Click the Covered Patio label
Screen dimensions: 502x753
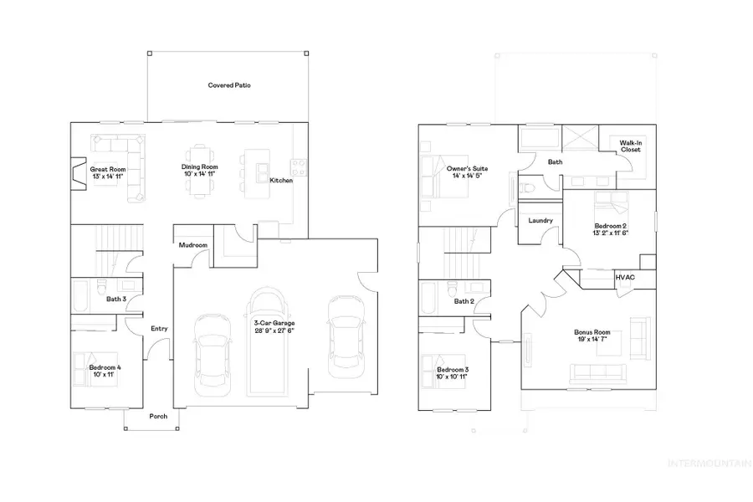pyautogui.click(x=230, y=85)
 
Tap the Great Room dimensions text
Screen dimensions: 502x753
pyautogui.click(x=109, y=177)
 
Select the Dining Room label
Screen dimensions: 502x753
pyautogui.click(x=201, y=167)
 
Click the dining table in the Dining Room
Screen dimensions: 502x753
pyautogui.click(x=201, y=172)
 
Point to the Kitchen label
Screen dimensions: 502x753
pyautogui.click(x=281, y=181)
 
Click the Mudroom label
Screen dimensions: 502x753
pyautogui.click(x=192, y=245)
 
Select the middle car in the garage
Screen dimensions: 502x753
pyautogui.click(x=268, y=343)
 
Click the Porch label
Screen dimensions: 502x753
pyautogui.click(x=159, y=416)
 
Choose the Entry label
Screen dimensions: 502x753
pyautogui.click(x=159, y=329)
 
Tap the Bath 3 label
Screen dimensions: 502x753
pyautogui.click(x=116, y=299)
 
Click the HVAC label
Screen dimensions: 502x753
pyautogui.click(x=624, y=277)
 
